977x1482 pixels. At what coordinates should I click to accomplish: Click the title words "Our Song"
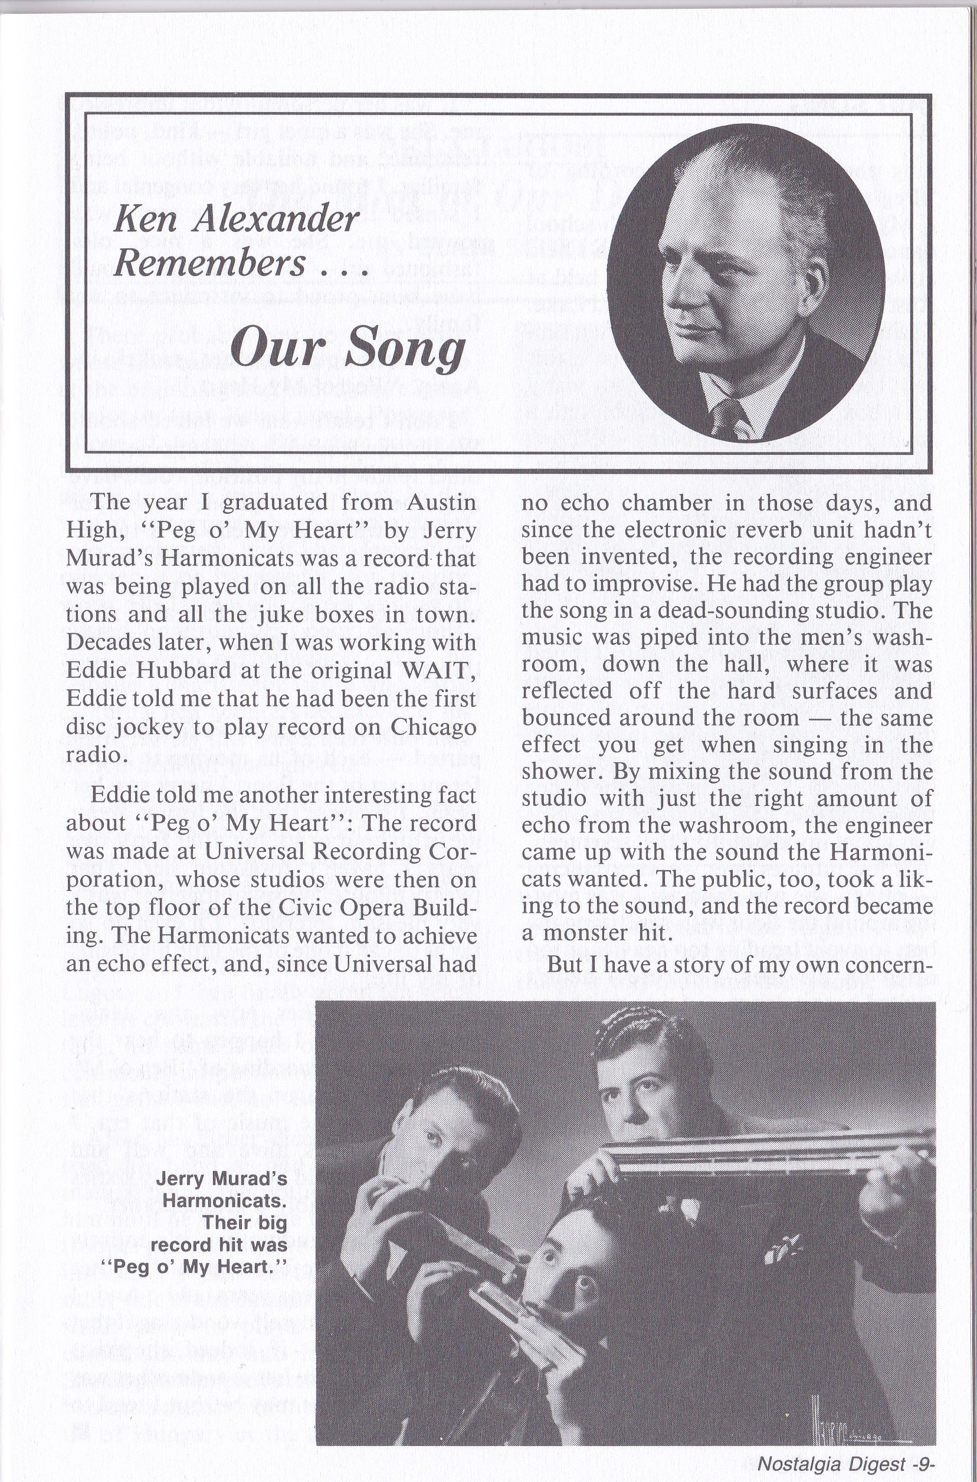click(347, 347)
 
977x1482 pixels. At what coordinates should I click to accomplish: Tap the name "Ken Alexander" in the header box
click(237, 219)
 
